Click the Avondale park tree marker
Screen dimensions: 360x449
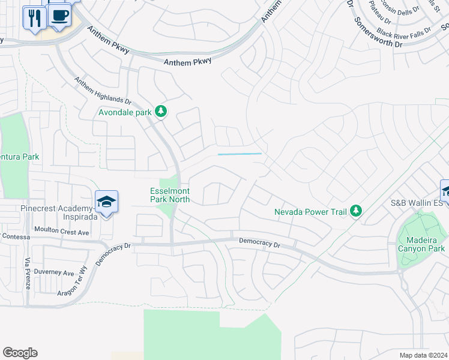coord(161,111)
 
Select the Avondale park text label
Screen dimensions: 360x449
coord(125,112)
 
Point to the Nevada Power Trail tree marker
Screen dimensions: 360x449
coord(357,211)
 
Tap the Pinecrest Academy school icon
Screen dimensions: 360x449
coord(106,202)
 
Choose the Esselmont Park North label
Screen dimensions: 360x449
coord(170,196)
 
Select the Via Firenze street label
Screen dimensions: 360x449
coord(28,274)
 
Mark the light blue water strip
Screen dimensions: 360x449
coord(240,154)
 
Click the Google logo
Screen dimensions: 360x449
coord(20,353)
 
